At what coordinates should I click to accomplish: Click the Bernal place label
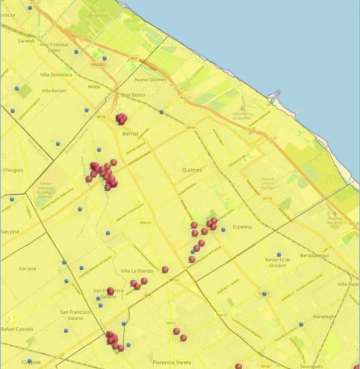coord(130,134)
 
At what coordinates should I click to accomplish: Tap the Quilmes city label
coord(192,170)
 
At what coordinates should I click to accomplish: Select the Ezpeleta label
coord(242,227)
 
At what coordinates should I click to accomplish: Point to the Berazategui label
coord(314,255)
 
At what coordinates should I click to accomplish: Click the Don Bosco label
coord(133,95)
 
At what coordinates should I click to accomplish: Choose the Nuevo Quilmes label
coord(150,80)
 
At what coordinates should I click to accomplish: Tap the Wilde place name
coord(94,87)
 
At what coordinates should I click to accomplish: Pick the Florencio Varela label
coord(172,362)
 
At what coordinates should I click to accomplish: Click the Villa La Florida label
coord(137,271)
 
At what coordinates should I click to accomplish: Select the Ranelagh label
coord(324,317)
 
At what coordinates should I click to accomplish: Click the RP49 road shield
coord(191,128)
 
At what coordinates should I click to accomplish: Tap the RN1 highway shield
coord(134,59)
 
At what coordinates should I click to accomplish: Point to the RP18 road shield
coord(267,198)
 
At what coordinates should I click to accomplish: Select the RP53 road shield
coord(171,323)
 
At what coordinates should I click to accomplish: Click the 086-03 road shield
coord(145,222)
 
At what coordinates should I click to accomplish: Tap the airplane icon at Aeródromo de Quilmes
coord(242,109)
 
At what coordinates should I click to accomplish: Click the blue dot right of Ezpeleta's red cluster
coord(223,229)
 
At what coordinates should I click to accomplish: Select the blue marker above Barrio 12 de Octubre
coord(279,254)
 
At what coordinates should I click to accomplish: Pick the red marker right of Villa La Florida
coord(165,269)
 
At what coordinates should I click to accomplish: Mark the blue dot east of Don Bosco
coord(161,112)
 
